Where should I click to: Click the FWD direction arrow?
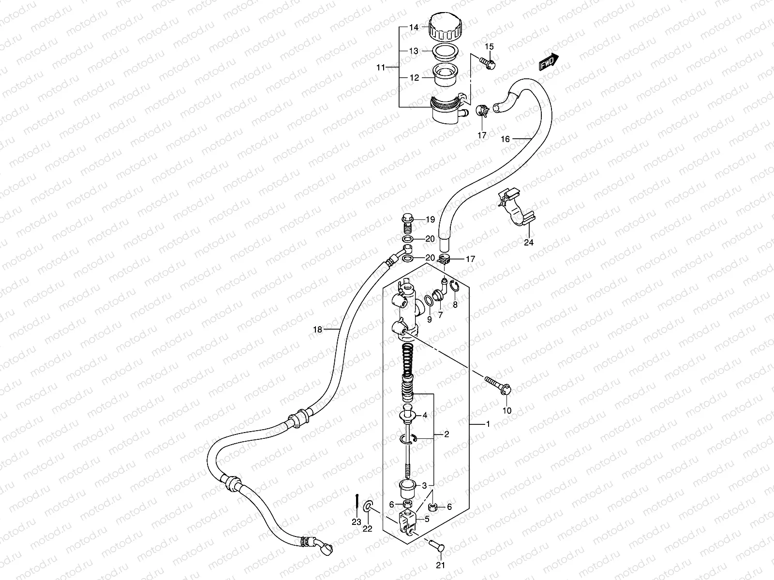(549, 62)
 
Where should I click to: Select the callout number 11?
(381, 68)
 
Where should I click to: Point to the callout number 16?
(505, 139)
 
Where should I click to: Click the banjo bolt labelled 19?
(407, 221)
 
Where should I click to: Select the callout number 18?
(317, 330)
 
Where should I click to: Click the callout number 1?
(488, 424)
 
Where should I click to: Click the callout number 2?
(447, 434)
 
